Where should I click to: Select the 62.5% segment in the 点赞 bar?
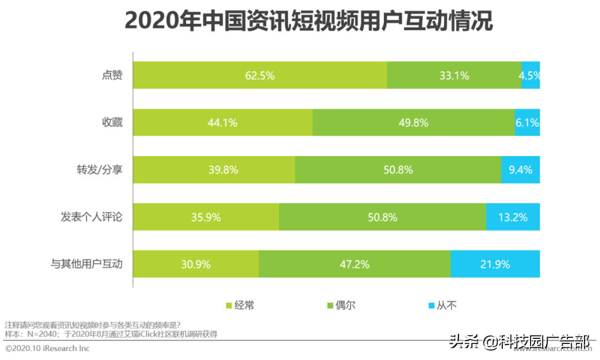click(x=260, y=76)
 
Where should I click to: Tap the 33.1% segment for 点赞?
click(x=454, y=76)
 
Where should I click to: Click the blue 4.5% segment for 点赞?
click(x=531, y=76)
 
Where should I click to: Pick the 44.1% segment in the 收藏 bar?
click(x=222, y=123)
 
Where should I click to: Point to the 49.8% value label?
click(x=413, y=123)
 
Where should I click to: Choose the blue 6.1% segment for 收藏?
click(x=527, y=123)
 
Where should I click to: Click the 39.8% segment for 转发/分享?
click(x=214, y=170)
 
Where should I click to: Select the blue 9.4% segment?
click(x=520, y=170)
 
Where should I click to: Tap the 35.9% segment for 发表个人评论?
click(x=206, y=217)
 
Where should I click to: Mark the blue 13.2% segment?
click(x=513, y=217)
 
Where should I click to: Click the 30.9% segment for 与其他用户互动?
click(x=196, y=264)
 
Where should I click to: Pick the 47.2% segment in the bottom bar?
click(x=354, y=264)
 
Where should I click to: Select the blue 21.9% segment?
click(x=495, y=264)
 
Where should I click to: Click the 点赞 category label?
click(x=108, y=76)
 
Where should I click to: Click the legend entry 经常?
click(x=239, y=305)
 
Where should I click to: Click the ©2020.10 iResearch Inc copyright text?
click(x=47, y=348)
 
